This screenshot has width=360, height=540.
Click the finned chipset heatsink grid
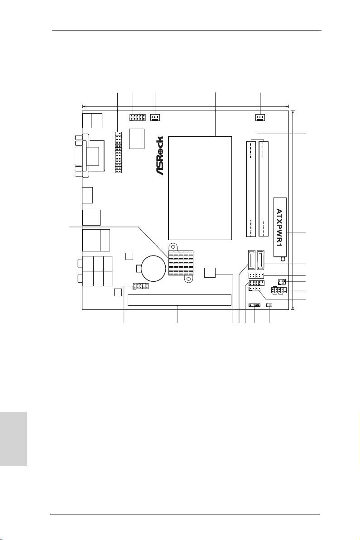[181, 263]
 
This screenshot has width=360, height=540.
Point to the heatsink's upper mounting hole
[173, 246]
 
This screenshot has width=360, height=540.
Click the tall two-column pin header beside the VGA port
[118, 152]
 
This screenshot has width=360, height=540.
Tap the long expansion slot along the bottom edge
[179, 300]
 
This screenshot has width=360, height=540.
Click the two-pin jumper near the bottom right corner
[269, 305]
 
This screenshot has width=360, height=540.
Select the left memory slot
[251, 188]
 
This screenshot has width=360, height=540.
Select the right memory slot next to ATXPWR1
[264, 188]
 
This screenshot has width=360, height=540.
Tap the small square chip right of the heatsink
[210, 272]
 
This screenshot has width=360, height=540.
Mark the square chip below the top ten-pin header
[137, 138]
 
